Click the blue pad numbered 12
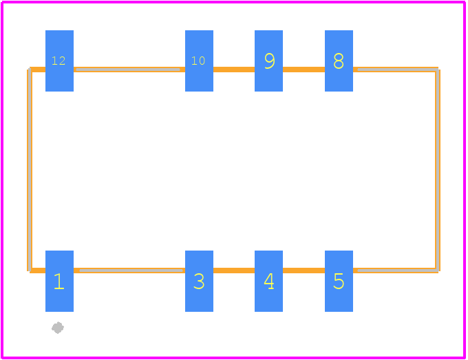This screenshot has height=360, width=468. pos(59,61)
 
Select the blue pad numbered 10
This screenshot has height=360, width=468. pos(199,61)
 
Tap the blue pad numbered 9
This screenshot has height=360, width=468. pos(268,61)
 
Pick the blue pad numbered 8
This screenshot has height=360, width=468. pos(339,61)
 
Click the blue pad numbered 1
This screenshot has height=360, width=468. pos(59,282)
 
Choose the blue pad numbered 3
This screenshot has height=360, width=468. pos(199,282)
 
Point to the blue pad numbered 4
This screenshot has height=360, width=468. pos(268,282)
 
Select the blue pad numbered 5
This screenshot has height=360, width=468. pos(339,282)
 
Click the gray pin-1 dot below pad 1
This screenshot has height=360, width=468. pos(58,328)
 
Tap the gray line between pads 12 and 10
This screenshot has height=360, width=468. pos(128,70)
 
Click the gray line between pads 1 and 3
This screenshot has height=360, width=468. pos(131,271)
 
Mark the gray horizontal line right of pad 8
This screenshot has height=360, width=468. pos(398,70)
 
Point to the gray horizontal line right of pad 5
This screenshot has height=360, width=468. pos(398,271)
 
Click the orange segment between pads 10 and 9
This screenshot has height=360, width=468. pos(234,70)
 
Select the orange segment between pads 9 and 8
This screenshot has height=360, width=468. pos(304,70)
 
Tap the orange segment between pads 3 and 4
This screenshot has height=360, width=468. pos(234,271)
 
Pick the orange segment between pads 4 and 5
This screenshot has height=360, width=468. pos(304,271)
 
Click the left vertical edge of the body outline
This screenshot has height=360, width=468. pos(30,170)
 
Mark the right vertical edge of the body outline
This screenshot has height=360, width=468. pos(438,170)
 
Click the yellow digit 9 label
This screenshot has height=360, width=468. pos(270,61)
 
